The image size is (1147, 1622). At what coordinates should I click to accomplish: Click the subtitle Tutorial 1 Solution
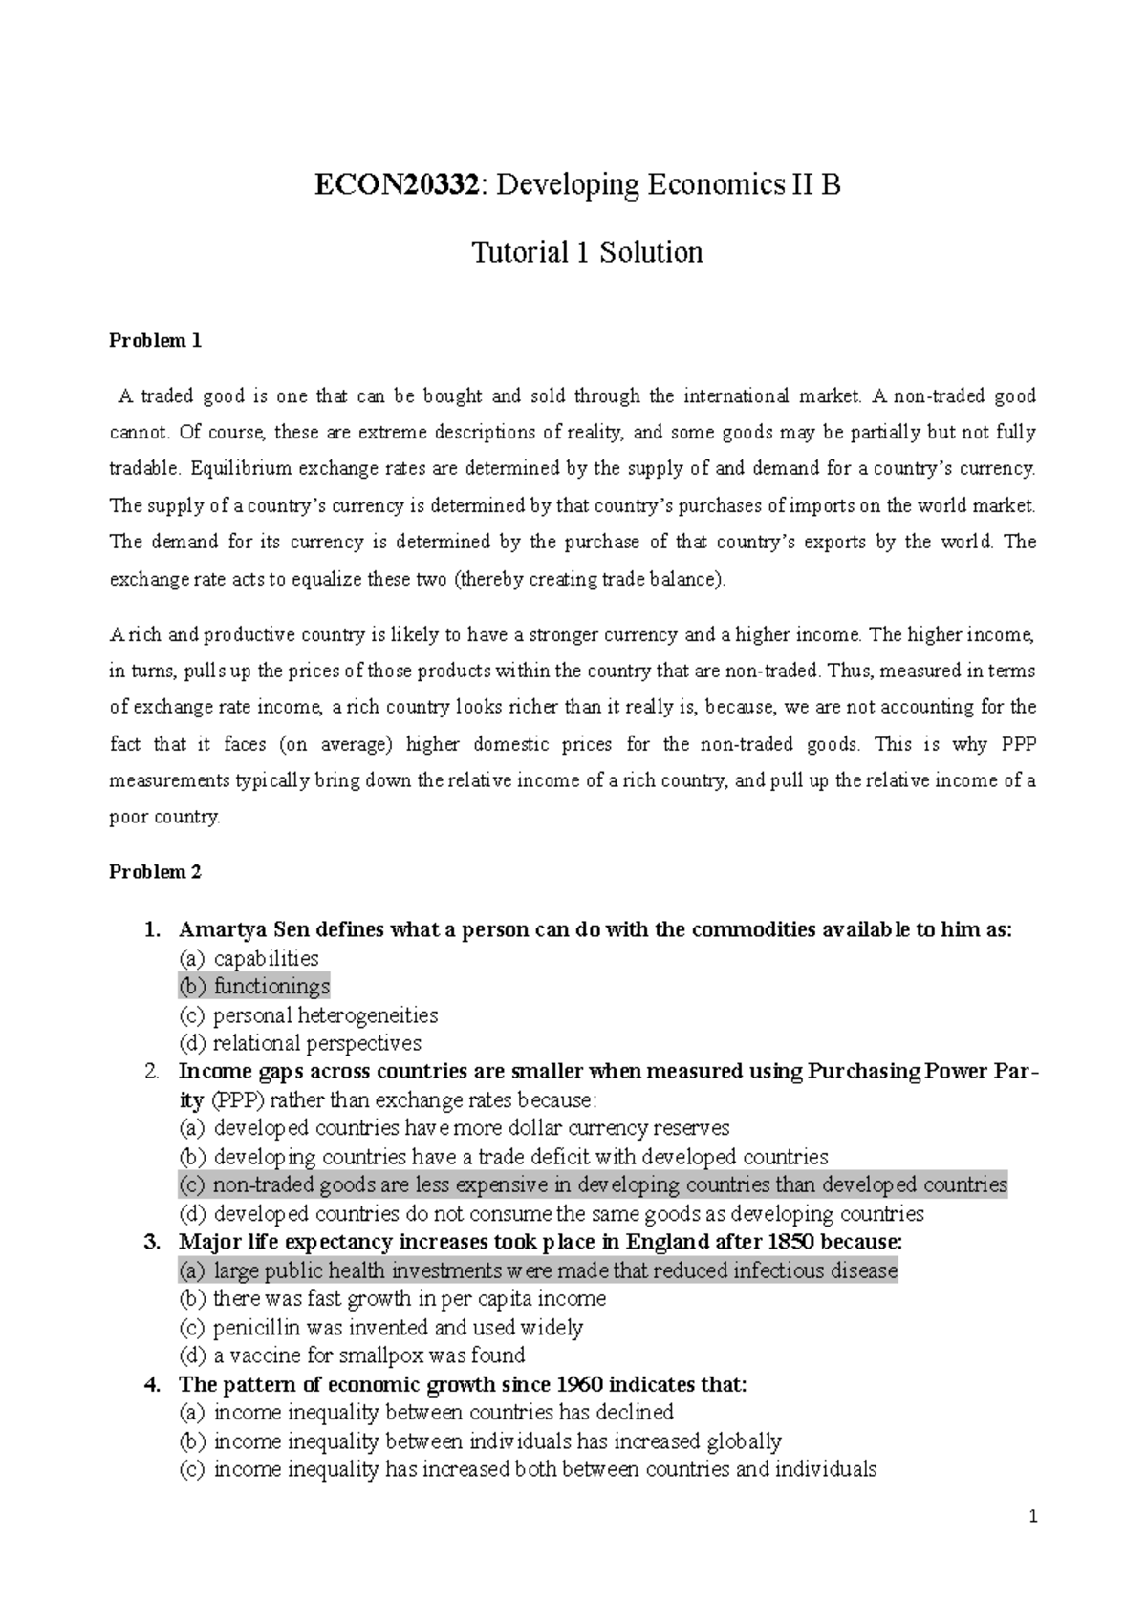[x=587, y=252]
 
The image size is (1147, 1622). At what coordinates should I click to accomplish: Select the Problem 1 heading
[x=155, y=341]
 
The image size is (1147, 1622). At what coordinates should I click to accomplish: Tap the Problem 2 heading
[x=155, y=871]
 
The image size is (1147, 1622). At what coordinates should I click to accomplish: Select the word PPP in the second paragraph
[x=1015, y=744]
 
